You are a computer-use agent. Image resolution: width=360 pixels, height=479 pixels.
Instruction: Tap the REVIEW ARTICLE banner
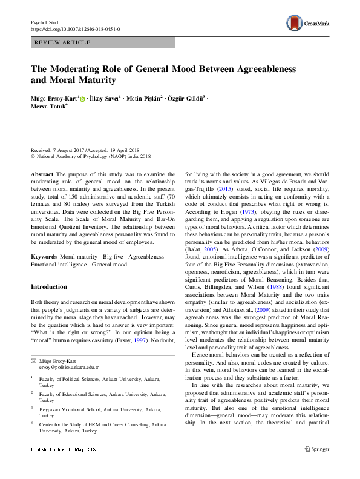(x=64, y=42)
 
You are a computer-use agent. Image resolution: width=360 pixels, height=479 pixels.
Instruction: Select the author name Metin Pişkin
(x=143, y=97)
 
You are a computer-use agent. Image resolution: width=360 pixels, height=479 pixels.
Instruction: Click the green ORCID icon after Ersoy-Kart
(x=82, y=98)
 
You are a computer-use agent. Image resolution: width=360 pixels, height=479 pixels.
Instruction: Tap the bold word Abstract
(x=42, y=173)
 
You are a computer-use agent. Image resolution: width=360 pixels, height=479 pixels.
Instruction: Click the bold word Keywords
(x=45, y=257)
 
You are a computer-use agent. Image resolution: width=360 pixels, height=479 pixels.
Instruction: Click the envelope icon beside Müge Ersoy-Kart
(x=33, y=360)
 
